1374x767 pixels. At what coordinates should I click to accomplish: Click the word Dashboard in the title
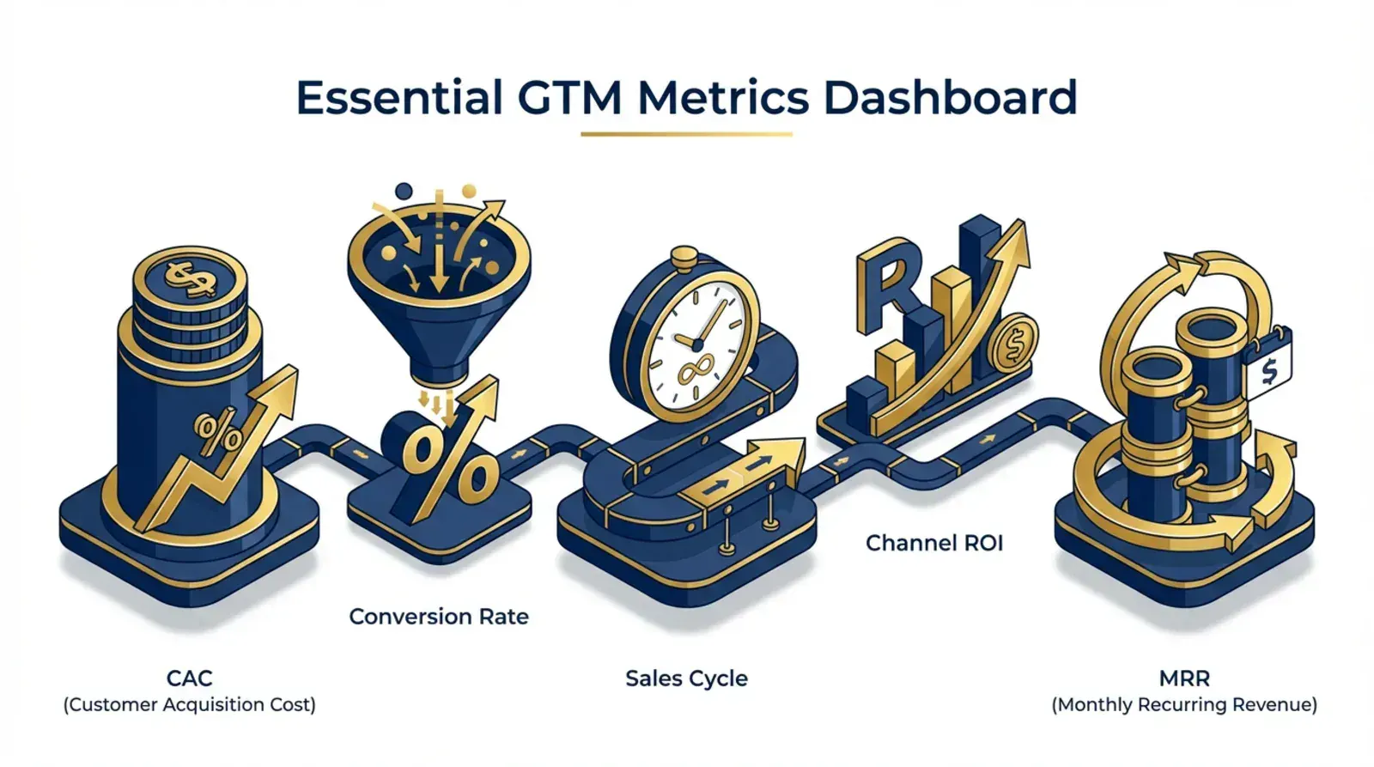click(x=949, y=97)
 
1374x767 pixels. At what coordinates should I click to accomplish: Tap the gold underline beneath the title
click(x=686, y=134)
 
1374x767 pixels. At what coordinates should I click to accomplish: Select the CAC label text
click(x=189, y=679)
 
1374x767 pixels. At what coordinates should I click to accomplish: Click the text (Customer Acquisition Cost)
click(x=189, y=705)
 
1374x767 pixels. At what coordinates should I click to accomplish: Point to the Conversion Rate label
click(x=439, y=617)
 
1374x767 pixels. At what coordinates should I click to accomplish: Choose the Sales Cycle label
click(x=686, y=679)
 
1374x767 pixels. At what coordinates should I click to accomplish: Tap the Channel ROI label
click(x=934, y=543)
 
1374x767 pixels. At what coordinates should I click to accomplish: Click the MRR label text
click(x=1184, y=679)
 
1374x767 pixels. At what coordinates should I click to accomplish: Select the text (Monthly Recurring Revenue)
click(x=1184, y=705)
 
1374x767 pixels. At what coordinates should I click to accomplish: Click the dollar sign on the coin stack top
click(x=189, y=277)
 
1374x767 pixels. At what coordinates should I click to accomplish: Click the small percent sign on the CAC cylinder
click(x=218, y=434)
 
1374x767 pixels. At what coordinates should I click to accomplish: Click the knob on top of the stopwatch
click(x=684, y=257)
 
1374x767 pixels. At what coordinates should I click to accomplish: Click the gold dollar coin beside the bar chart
click(x=1014, y=344)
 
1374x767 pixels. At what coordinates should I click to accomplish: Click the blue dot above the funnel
click(x=403, y=191)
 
